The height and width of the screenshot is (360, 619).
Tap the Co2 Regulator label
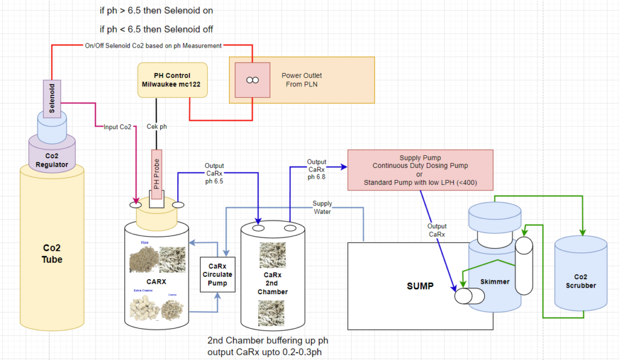tap(52, 160)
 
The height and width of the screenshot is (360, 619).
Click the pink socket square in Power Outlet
tap(253, 80)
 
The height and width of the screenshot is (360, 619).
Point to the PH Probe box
tap(157, 175)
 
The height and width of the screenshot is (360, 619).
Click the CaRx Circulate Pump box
tap(216, 274)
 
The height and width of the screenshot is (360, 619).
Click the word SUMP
tap(420, 286)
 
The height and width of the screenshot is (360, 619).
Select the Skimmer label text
tap(494, 281)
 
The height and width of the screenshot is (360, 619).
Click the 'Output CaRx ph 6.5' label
tap(214, 174)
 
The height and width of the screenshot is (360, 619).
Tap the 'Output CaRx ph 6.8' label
tap(316, 170)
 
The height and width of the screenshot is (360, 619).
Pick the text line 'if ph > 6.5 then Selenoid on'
tap(156, 10)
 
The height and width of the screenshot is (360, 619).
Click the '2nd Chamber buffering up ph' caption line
tap(266, 340)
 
